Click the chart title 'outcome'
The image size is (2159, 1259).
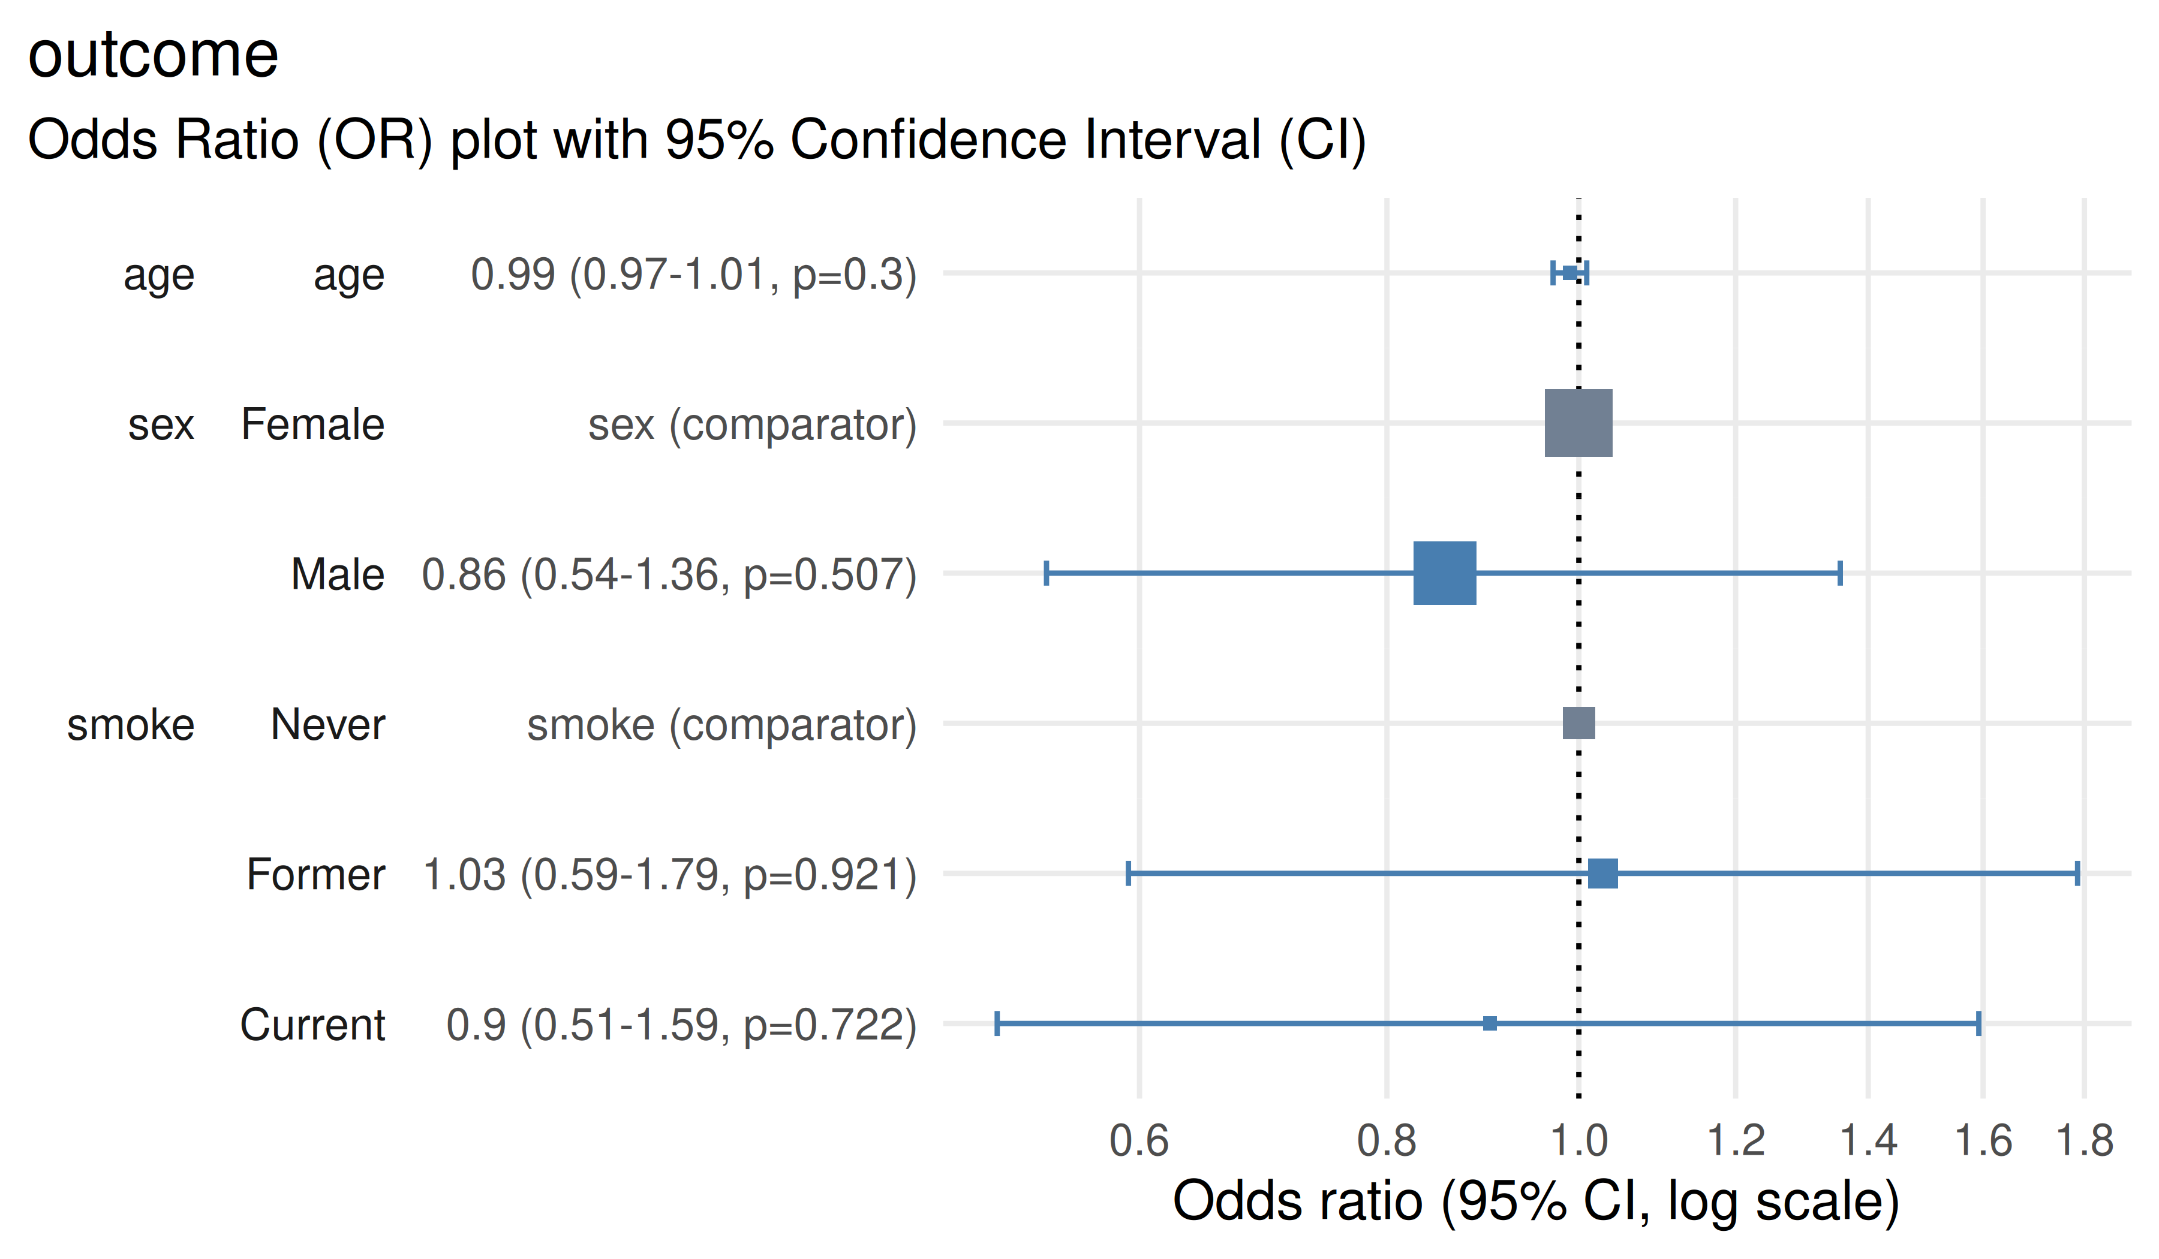tap(154, 55)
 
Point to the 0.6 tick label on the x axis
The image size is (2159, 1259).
tap(1139, 1141)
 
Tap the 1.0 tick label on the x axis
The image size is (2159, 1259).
tap(1579, 1141)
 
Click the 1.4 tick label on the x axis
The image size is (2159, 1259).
tap(1868, 1141)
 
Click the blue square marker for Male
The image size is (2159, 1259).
tap(1445, 573)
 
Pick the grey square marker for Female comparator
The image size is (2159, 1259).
tap(1578, 423)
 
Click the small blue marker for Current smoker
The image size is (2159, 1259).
tap(1490, 1023)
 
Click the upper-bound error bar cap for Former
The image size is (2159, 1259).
tap(2077, 874)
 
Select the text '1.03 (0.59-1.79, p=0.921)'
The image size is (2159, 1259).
tap(669, 875)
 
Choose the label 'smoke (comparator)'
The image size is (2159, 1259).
tap(721, 725)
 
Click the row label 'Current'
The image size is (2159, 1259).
tap(312, 1025)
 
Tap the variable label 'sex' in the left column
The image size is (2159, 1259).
tap(161, 425)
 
